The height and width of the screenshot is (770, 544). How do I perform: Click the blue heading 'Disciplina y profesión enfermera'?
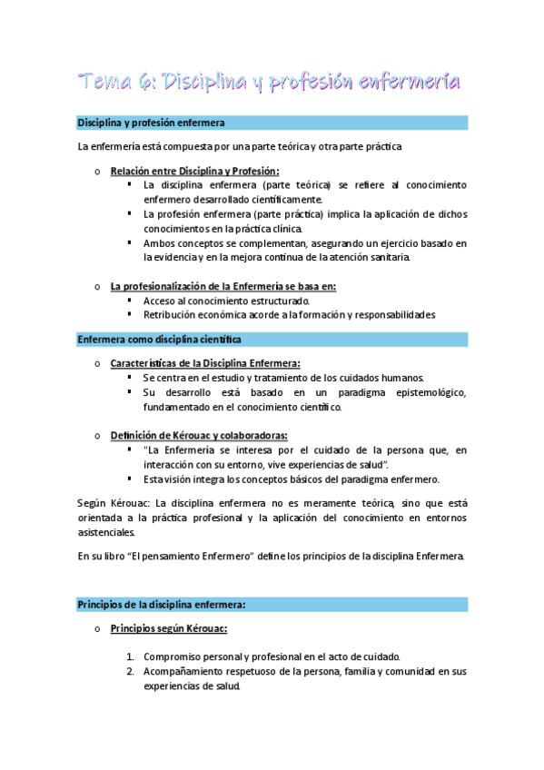[x=152, y=122]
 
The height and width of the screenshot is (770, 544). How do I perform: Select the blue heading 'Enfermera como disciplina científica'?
[x=159, y=339]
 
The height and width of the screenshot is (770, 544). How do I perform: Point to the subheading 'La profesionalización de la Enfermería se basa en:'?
[x=223, y=286]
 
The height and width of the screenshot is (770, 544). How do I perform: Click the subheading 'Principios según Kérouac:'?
[x=168, y=628]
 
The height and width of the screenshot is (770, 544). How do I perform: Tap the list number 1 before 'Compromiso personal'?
[x=131, y=656]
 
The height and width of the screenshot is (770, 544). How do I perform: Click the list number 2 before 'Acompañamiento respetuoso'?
[x=131, y=671]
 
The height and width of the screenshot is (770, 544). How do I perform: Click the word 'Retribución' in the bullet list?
[x=172, y=315]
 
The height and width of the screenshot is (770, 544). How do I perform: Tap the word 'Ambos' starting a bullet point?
[x=160, y=243]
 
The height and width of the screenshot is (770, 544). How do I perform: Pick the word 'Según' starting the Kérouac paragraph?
[x=93, y=502]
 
